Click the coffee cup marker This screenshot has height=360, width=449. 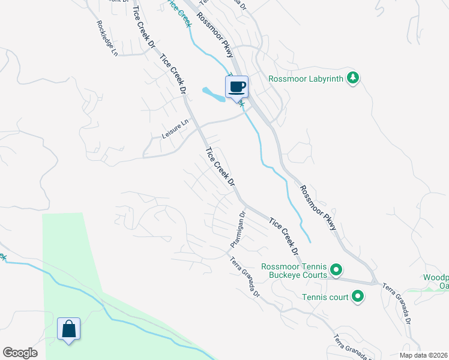[x=237, y=86]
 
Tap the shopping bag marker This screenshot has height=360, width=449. [x=68, y=329]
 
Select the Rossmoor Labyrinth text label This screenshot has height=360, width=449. [x=306, y=78]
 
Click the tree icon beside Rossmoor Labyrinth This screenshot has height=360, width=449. [x=354, y=77]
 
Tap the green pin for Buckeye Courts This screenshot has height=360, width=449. [x=337, y=271]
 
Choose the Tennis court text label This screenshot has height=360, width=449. [x=324, y=296]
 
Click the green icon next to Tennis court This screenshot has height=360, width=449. [x=358, y=296]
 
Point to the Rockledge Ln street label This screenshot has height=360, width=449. [x=107, y=38]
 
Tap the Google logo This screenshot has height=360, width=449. [x=20, y=353]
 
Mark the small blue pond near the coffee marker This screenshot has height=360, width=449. [x=214, y=94]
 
